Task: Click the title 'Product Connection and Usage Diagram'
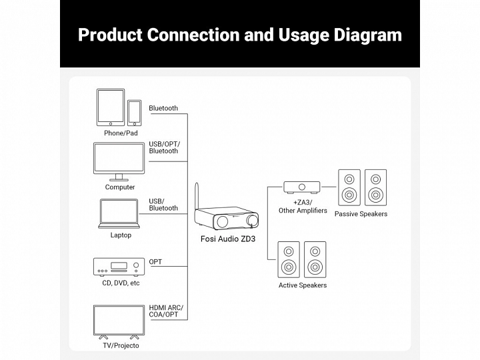(x=240, y=35)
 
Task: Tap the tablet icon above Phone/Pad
(x=111, y=107)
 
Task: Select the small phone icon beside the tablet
(x=135, y=113)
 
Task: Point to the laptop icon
(x=121, y=213)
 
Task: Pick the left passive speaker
(x=349, y=188)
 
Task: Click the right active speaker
(x=315, y=259)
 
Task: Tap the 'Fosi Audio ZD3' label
(x=229, y=239)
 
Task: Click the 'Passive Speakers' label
(x=361, y=214)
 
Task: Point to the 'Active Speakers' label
(x=303, y=285)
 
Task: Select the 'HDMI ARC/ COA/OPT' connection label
(x=166, y=311)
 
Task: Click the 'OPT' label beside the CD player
(x=155, y=262)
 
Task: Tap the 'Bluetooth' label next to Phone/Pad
(x=163, y=108)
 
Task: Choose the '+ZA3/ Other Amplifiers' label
(x=303, y=206)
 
